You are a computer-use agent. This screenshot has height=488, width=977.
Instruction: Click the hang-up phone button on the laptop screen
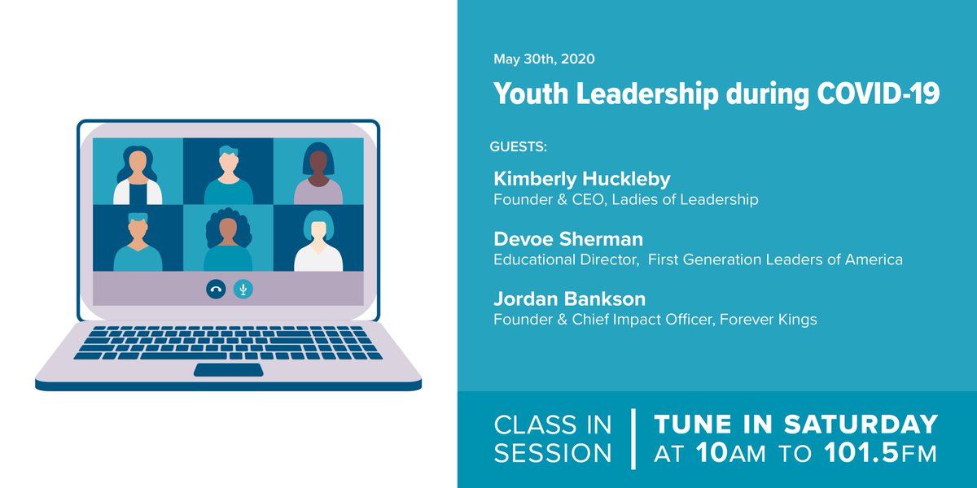pyautogui.click(x=216, y=289)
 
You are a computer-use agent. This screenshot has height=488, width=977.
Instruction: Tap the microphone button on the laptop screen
pyautogui.click(x=243, y=289)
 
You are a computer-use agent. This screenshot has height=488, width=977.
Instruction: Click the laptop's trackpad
pyautogui.click(x=228, y=370)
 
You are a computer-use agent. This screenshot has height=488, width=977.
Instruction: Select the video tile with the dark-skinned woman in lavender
pyautogui.click(x=318, y=172)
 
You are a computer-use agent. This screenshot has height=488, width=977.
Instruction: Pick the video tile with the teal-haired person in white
pyautogui.click(x=318, y=238)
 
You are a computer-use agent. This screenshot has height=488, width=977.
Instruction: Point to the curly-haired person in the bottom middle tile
pyautogui.click(x=228, y=238)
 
